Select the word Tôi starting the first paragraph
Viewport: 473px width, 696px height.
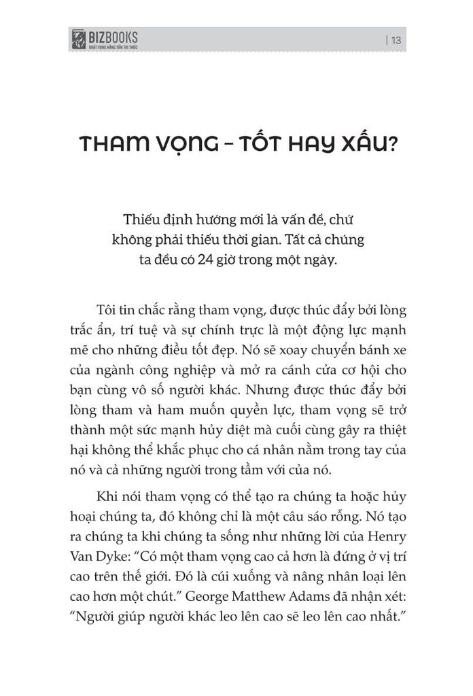tap(108, 311)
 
